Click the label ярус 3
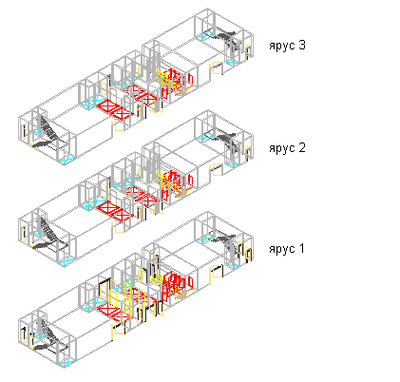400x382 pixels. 287,46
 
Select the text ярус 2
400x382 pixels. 287,148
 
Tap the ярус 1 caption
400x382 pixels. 287,249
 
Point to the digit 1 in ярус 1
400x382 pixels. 302,248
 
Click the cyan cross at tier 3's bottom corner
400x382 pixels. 66,161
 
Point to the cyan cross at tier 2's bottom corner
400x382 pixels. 66,262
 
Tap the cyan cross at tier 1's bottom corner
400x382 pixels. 66,363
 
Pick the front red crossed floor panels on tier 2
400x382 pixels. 115,211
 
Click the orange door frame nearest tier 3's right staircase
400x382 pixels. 217,67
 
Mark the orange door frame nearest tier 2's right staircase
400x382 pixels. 217,169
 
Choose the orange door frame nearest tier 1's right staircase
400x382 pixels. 217,272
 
